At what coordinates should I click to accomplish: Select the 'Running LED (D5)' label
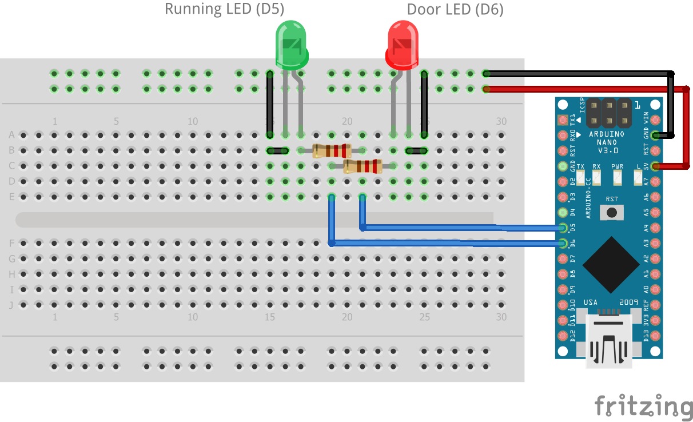224,9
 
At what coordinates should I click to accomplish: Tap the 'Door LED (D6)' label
455,9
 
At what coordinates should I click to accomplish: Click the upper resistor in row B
332,151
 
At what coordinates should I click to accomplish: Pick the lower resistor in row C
363,166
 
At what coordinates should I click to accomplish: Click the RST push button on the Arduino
612,213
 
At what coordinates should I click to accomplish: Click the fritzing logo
643,407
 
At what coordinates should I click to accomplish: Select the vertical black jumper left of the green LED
270,104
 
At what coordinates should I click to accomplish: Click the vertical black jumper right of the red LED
424,104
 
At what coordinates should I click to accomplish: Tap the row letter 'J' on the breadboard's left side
11,305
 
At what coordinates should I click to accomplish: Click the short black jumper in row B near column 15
278,151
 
